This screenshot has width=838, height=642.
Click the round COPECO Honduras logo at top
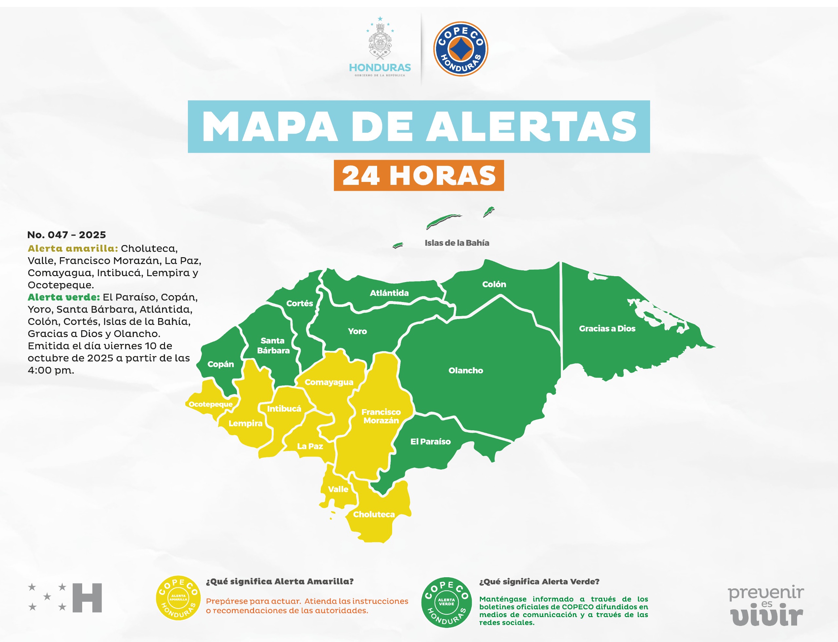pyautogui.click(x=460, y=49)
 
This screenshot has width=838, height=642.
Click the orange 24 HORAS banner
pyautogui.click(x=419, y=175)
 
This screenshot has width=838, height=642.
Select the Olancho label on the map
pyautogui.click(x=465, y=370)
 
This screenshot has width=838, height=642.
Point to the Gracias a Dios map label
pyautogui.click(x=607, y=328)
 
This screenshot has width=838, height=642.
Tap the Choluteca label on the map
pyautogui.click(x=373, y=514)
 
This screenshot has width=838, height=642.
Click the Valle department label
pyautogui.click(x=338, y=489)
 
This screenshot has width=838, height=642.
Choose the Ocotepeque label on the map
pyautogui.click(x=211, y=404)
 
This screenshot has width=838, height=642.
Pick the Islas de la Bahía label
pyautogui.click(x=457, y=243)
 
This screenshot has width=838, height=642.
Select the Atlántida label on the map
pyautogui.click(x=389, y=293)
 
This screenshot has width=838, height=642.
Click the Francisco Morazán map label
pyautogui.click(x=381, y=416)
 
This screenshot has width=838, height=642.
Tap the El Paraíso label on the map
pyautogui.click(x=430, y=441)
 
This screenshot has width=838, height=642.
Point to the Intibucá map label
pyautogui.click(x=284, y=408)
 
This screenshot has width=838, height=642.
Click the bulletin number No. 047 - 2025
pyautogui.click(x=66, y=235)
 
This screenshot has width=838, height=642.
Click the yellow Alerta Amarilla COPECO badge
pyautogui.click(x=178, y=598)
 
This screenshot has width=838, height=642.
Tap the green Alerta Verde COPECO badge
pyautogui.click(x=446, y=602)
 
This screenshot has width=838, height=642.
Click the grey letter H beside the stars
pyautogui.click(x=87, y=598)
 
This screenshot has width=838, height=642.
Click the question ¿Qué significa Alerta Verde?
pyautogui.click(x=539, y=581)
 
